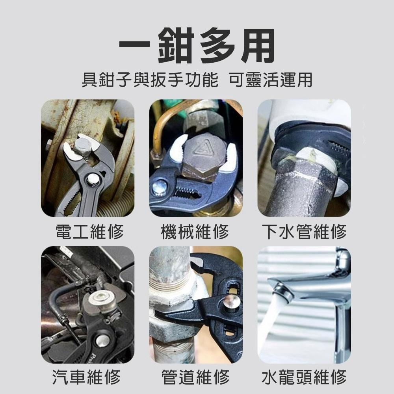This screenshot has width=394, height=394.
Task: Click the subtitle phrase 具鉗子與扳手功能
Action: point(149,80)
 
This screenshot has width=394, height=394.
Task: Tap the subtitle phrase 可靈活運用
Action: point(270,80)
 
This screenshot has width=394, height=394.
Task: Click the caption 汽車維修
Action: point(87,377)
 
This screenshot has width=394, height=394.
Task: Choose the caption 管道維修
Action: point(195,377)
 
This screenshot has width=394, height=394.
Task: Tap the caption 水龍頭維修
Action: point(304,377)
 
